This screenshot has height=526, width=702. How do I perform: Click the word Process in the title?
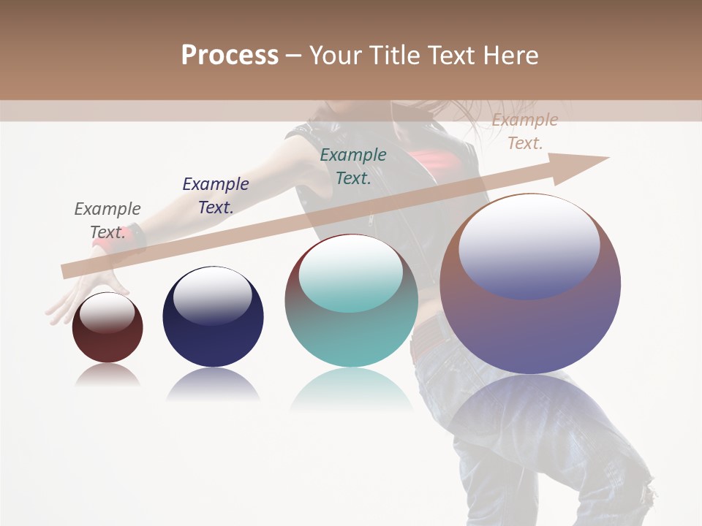tap(230, 56)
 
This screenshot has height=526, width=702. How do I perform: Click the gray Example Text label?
tap(107, 221)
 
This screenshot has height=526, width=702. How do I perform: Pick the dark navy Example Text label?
tap(215, 196)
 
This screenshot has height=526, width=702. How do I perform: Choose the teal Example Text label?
tap(353, 166)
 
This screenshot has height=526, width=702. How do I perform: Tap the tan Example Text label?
tap(524, 131)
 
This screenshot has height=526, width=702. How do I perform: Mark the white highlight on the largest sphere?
tap(529, 245)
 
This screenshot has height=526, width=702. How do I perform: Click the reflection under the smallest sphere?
tap(107, 375)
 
